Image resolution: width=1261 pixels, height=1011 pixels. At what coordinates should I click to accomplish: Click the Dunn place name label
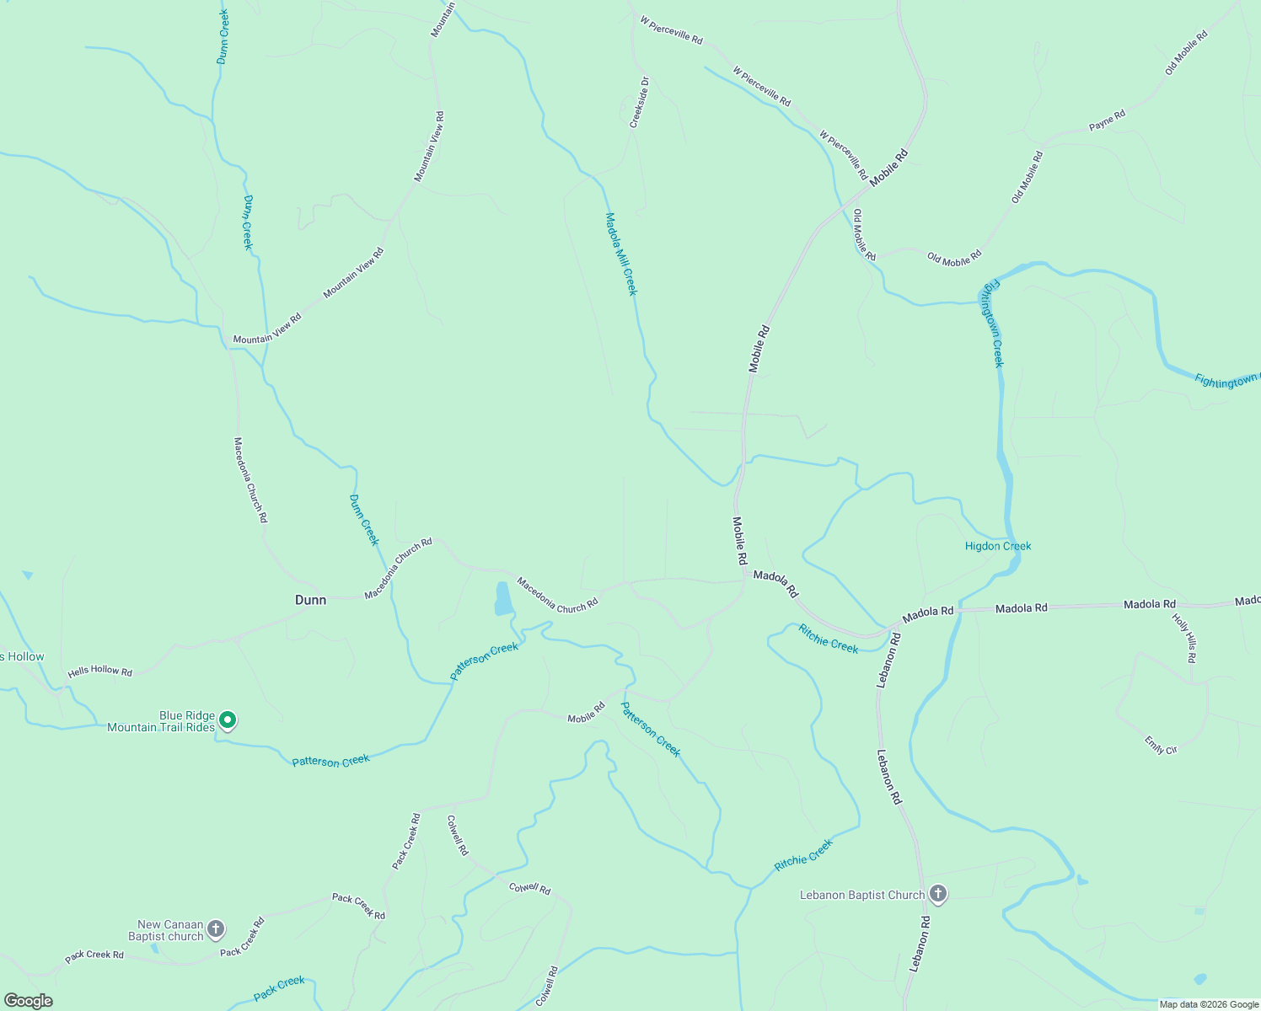(310, 600)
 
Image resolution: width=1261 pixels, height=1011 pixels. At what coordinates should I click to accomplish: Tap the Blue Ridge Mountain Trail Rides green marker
(227, 720)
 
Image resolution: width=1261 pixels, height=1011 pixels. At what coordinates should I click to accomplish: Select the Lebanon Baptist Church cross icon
(938, 895)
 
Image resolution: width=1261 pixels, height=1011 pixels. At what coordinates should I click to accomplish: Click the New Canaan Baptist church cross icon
(216, 929)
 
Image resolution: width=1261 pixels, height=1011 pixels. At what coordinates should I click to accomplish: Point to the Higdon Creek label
(998, 546)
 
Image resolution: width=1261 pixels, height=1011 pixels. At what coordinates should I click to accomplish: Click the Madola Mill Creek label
(621, 254)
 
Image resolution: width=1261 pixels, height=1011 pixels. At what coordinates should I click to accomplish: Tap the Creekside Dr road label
(640, 103)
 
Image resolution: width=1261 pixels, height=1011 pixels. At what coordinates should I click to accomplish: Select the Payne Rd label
(1107, 120)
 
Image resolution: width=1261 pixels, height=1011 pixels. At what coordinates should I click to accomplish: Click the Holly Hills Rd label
(1184, 637)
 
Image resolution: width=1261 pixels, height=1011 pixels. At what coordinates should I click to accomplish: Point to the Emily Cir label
(1161, 745)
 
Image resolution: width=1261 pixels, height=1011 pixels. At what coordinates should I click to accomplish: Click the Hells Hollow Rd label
(100, 671)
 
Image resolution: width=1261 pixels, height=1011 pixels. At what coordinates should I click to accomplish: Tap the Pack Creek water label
(279, 987)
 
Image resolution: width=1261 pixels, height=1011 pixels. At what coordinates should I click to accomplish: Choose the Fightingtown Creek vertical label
(992, 324)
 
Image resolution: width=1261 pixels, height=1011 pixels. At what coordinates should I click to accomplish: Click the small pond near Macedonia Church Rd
(503, 598)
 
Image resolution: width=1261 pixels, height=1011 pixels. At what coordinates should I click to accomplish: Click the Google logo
(28, 1001)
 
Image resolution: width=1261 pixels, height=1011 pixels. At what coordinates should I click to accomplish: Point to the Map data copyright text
(1209, 1004)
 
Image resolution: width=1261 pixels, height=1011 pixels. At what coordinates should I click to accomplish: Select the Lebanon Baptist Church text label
(861, 895)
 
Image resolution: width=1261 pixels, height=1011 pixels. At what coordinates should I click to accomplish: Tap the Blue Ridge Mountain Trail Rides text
(161, 721)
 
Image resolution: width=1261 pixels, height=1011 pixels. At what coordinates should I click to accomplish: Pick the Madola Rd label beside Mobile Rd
(775, 583)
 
